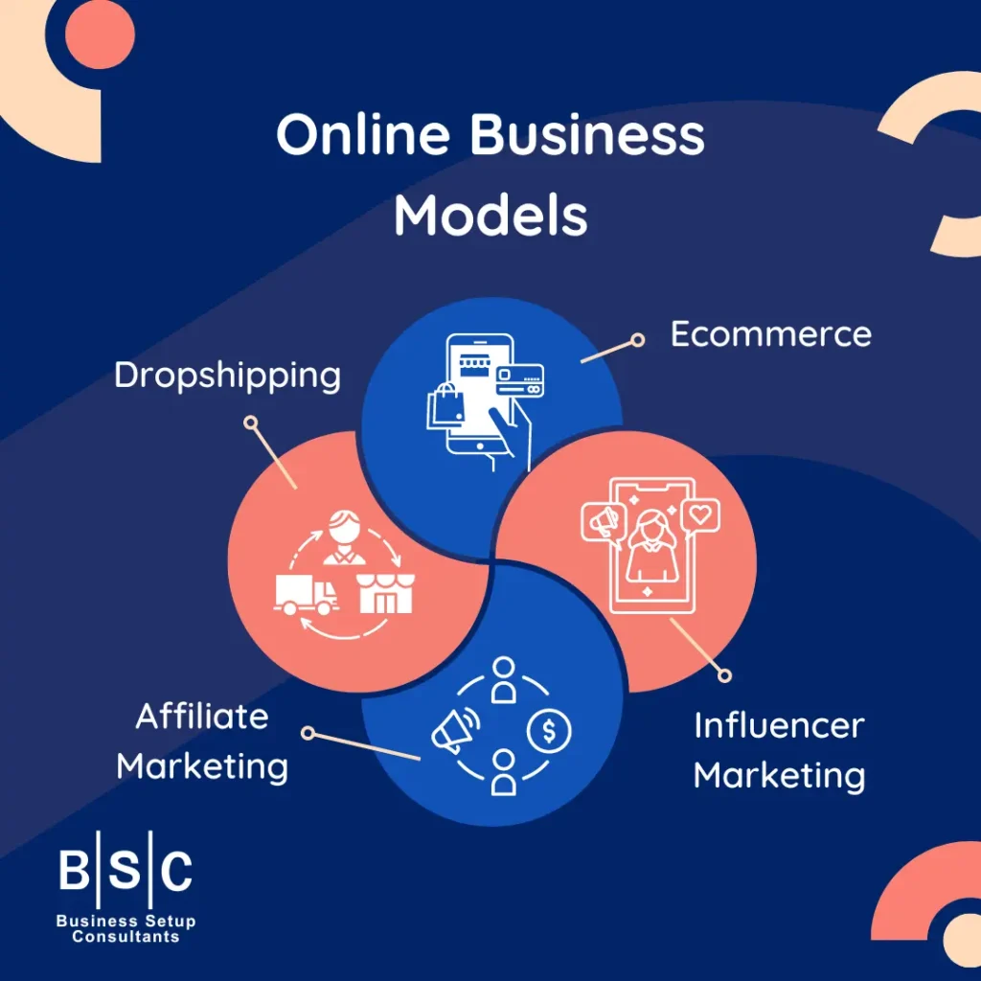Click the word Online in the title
tap(363, 137)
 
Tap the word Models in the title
tap(490, 216)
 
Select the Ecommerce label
tap(770, 334)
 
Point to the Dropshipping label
tap(227, 375)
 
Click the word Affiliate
tap(202, 716)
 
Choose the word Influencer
tap(778, 725)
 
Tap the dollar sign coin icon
tap(549, 732)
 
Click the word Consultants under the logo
tap(125, 936)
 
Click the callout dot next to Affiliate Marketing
tap(308, 733)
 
